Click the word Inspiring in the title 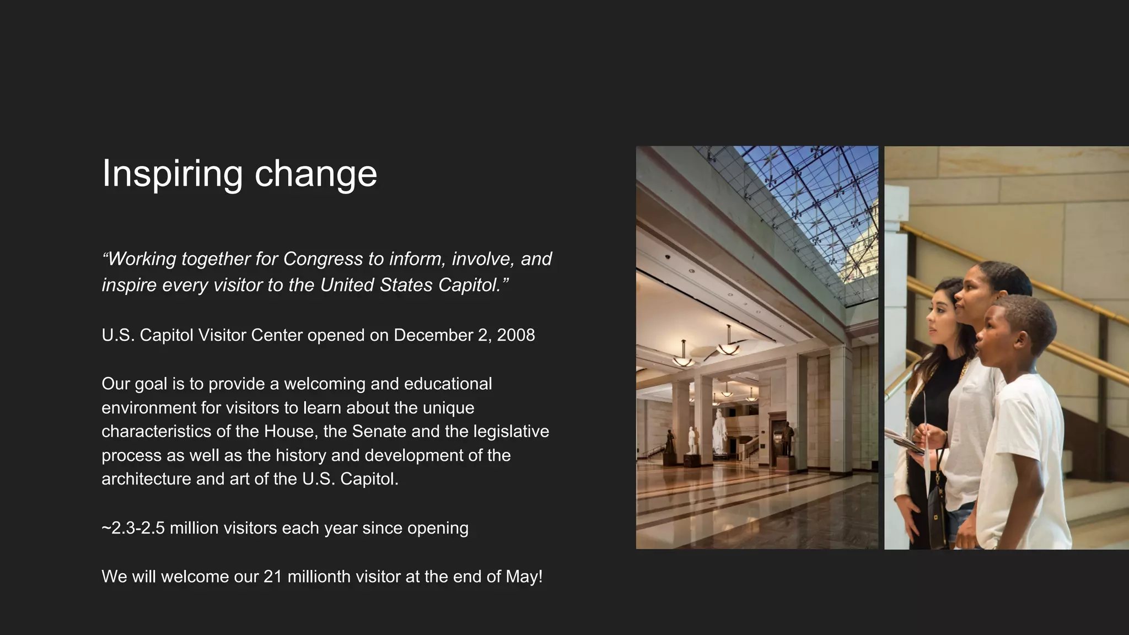pyautogui.click(x=172, y=174)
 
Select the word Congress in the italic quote pyautogui.click(x=323, y=259)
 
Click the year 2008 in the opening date pyautogui.click(x=515, y=335)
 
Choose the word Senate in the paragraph pyautogui.click(x=379, y=431)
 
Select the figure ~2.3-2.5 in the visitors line pyautogui.click(x=133, y=528)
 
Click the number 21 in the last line pyautogui.click(x=273, y=577)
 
